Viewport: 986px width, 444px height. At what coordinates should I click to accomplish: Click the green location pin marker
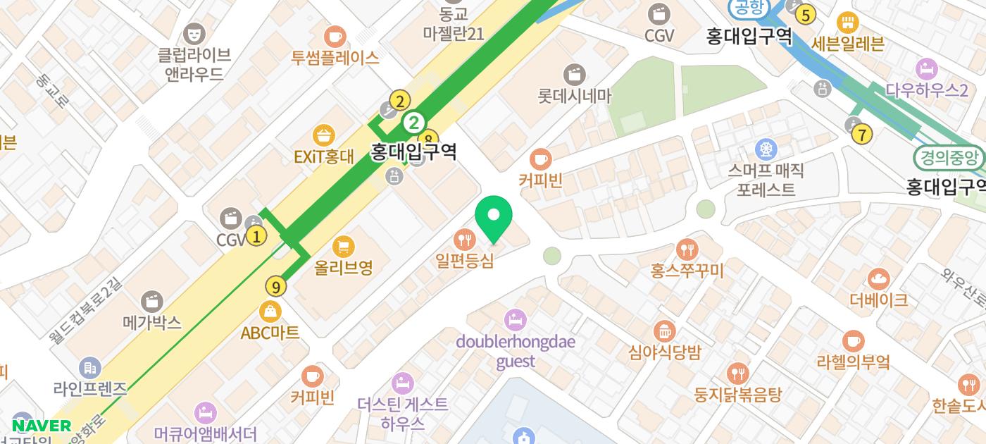pyautogui.click(x=494, y=216)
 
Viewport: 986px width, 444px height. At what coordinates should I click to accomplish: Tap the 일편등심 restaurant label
pyautogui.click(x=464, y=260)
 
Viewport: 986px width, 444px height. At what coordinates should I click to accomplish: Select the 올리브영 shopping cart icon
pyautogui.click(x=343, y=247)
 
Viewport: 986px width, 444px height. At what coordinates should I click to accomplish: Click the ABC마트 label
pyautogui.click(x=270, y=332)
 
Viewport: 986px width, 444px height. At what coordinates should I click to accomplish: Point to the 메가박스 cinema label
pyautogui.click(x=152, y=323)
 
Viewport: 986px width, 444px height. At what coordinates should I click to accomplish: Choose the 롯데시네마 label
pyautogui.click(x=575, y=95)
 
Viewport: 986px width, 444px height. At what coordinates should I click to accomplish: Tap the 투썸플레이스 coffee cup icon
pyautogui.click(x=335, y=36)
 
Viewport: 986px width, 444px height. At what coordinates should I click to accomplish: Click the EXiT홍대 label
pyautogui.click(x=323, y=156)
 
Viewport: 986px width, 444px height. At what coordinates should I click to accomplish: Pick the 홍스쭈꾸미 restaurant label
pyautogui.click(x=687, y=270)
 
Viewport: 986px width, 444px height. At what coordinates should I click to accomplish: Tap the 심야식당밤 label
pyautogui.click(x=665, y=352)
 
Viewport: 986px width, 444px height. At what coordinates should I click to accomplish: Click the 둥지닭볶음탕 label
pyautogui.click(x=737, y=393)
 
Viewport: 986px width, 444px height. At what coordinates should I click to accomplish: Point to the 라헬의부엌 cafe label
pyautogui.click(x=853, y=362)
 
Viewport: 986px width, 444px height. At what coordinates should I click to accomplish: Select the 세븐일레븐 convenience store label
pyautogui.click(x=847, y=43)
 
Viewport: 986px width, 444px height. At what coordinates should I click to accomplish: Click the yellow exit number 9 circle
pyautogui.click(x=276, y=286)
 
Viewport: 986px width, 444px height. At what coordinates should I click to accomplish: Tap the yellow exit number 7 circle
pyautogui.click(x=862, y=134)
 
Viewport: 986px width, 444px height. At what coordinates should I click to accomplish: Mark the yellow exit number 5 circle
pyautogui.click(x=805, y=13)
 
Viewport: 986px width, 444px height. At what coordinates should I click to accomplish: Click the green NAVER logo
pyautogui.click(x=42, y=426)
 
